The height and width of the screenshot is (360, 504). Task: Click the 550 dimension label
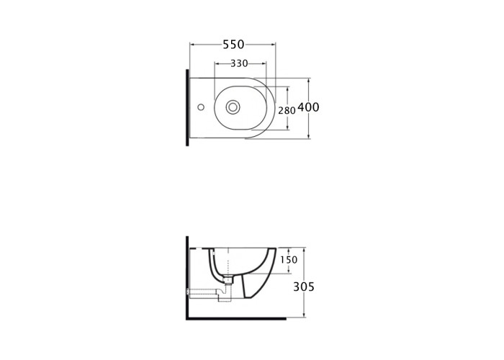coord(234,45)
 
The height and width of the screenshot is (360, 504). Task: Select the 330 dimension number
coord(240,63)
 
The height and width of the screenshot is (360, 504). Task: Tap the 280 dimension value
coord(287,111)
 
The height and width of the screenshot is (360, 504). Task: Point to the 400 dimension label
coord(309,107)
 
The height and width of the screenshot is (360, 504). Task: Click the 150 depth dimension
coord(289,260)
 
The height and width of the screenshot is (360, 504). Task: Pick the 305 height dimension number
coord(304,287)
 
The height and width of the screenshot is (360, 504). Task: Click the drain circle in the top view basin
coord(233,107)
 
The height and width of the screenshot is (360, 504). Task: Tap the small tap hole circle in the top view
coord(201,107)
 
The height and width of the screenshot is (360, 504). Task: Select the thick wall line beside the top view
coord(187,108)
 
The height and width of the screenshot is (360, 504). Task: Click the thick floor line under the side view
coord(236,318)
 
